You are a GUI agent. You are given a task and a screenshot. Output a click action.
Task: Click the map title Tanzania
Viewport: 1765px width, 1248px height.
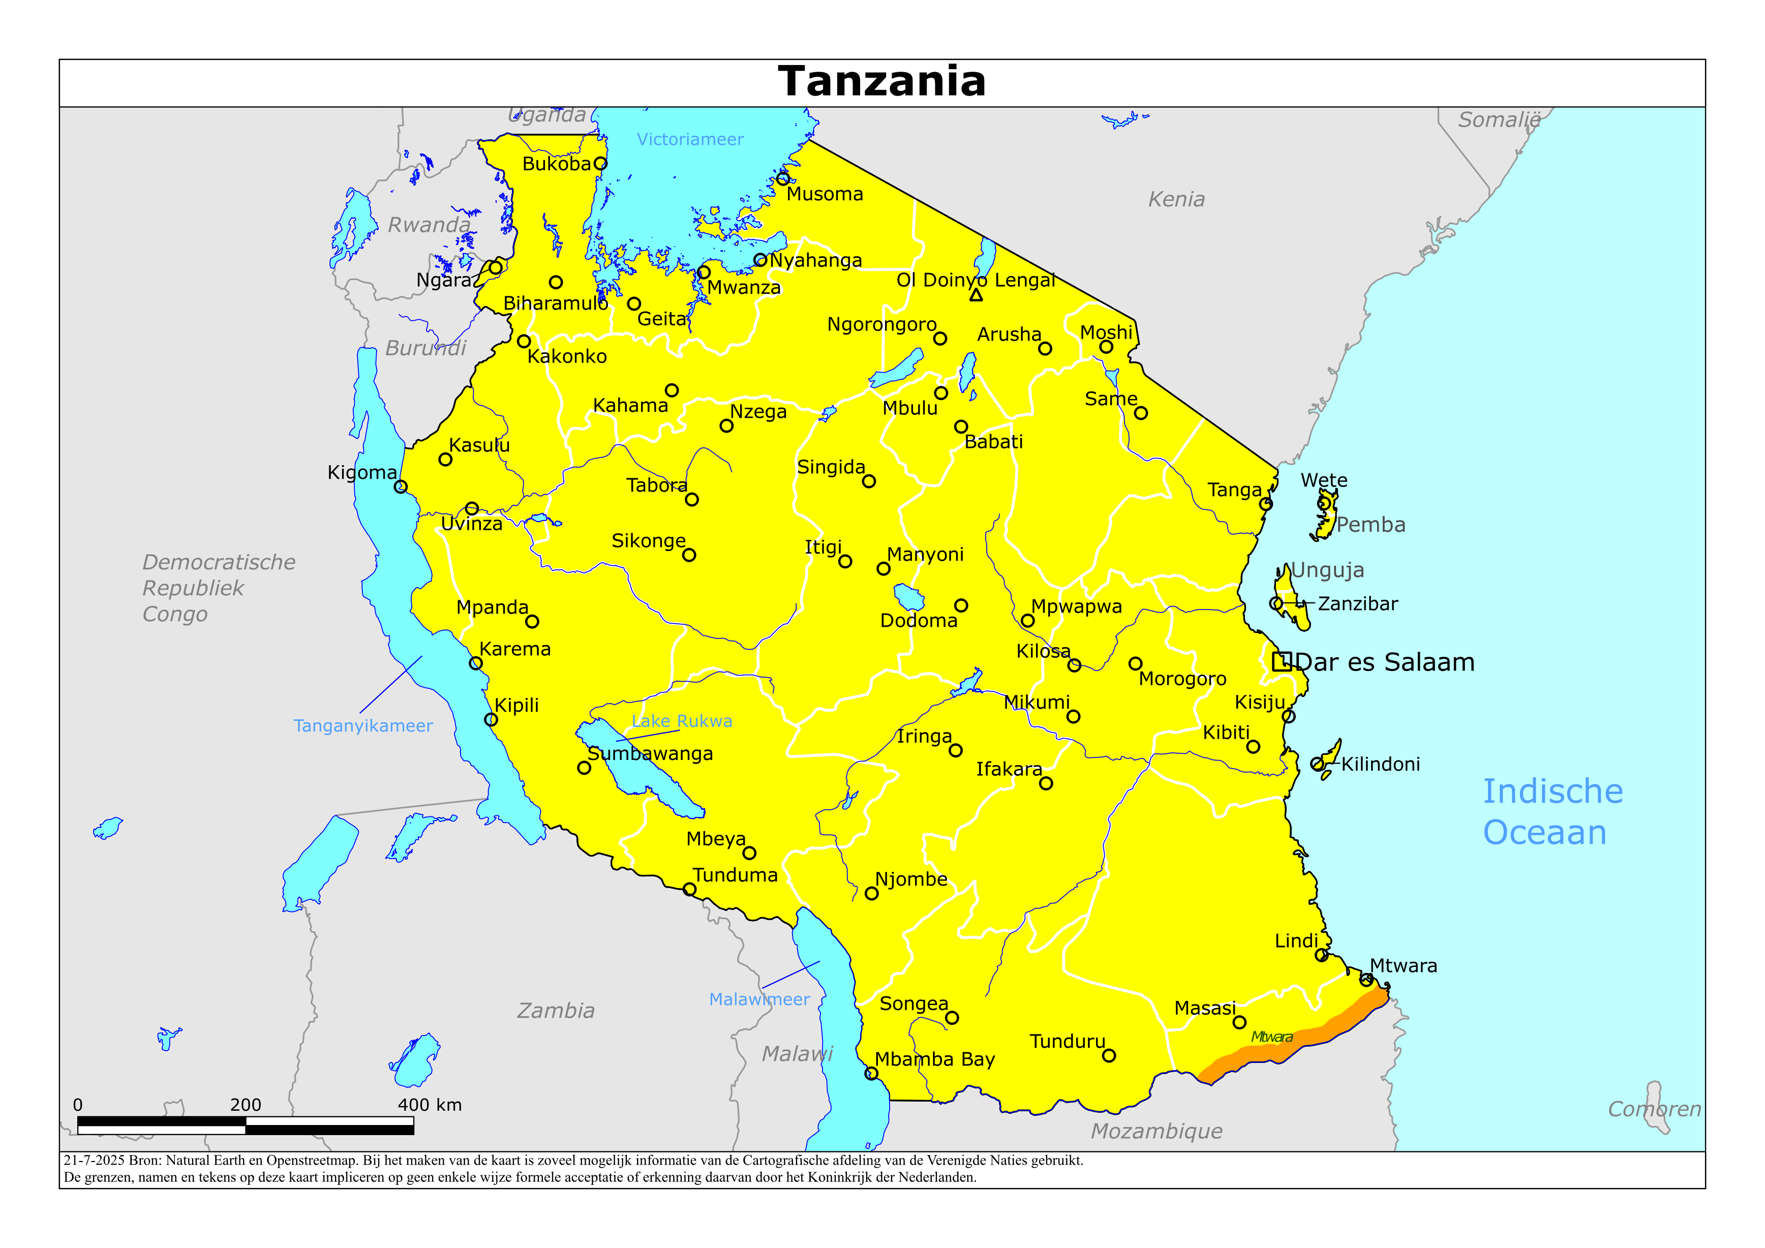pos(881,81)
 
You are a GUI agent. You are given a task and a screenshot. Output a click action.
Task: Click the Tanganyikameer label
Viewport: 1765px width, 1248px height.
pos(363,726)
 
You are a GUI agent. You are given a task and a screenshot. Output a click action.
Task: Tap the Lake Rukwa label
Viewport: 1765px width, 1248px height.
pos(682,721)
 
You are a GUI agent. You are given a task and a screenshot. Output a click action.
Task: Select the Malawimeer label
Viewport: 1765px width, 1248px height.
pos(759,999)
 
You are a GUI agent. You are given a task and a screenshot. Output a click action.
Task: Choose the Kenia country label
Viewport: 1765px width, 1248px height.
pos(1176,200)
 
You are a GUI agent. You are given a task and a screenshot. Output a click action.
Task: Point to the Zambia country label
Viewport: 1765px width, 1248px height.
pos(555,1011)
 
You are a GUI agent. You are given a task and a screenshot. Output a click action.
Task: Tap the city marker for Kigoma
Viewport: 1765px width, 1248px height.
pos(401,486)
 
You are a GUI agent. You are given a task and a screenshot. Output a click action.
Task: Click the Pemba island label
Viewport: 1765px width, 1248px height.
pos(1371,525)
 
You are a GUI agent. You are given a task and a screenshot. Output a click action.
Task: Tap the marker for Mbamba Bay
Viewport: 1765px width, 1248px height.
pos(871,1074)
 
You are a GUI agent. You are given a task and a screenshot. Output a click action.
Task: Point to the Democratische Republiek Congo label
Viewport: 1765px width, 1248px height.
pos(218,588)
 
